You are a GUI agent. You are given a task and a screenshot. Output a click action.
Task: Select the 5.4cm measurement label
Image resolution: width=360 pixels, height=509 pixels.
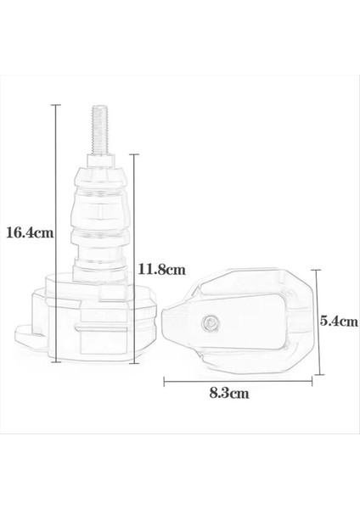340,322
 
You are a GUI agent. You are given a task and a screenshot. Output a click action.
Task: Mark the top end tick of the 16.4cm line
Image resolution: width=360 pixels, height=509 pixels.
56,104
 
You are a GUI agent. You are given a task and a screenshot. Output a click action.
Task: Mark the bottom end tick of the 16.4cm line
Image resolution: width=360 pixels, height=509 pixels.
56,362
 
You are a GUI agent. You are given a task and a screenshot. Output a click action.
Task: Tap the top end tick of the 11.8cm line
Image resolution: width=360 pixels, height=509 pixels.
132,154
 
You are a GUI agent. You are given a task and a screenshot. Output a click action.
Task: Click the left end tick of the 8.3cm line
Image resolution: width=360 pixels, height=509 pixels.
164,381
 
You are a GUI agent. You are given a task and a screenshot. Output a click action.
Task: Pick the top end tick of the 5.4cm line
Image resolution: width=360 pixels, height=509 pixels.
318,271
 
